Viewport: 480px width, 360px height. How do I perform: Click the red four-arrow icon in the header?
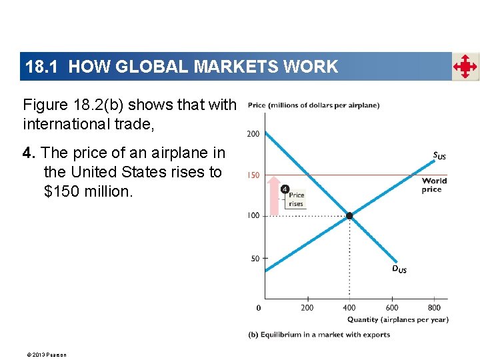tap(465, 67)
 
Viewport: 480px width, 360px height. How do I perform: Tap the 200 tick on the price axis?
tap(253, 134)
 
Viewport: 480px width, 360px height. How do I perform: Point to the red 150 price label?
tap(253, 175)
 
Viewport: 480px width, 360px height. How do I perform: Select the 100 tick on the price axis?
tap(253, 215)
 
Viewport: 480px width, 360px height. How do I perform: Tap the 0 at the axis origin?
tap(259, 308)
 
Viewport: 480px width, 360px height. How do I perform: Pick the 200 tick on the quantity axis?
tap(307, 308)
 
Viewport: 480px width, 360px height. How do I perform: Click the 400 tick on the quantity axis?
tap(349, 308)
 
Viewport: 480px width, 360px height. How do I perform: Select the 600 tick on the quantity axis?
tap(392, 308)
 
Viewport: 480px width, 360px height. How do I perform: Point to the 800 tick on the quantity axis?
tap(434, 308)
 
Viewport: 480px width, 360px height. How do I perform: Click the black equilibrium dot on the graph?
tap(349, 215)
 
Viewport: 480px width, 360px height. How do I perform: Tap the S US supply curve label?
tap(439, 156)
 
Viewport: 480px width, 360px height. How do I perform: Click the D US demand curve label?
tap(399, 269)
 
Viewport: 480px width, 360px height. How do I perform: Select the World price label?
tap(434, 185)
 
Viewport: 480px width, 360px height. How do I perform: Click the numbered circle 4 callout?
tap(285, 189)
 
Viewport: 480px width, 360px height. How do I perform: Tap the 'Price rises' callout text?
tap(296, 199)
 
